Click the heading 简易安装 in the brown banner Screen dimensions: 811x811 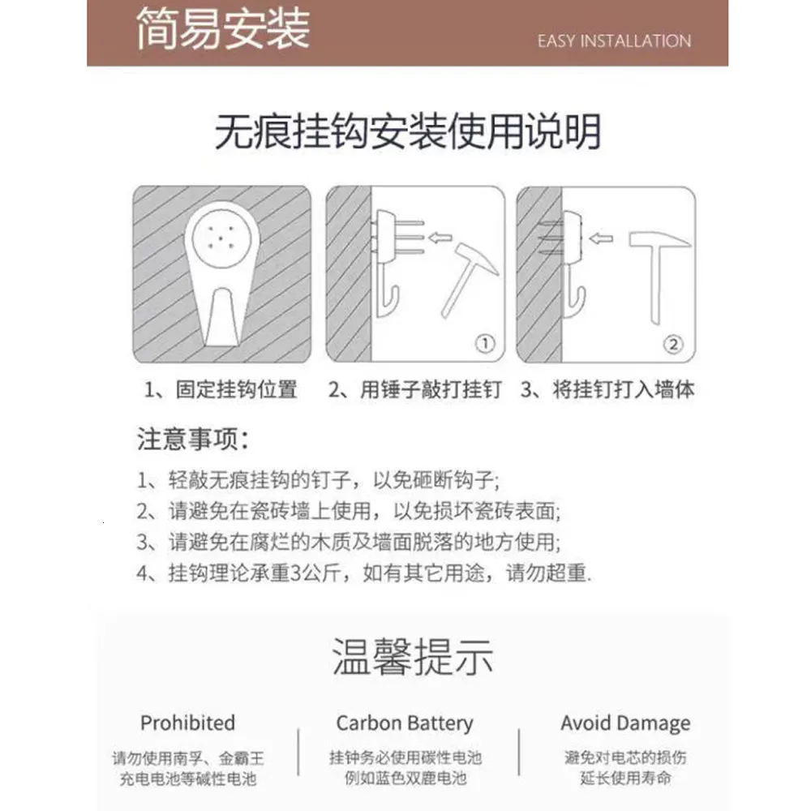(223, 28)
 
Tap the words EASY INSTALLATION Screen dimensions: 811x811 (614, 41)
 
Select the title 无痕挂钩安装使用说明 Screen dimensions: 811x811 (408, 132)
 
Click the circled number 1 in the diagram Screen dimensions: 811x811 (485, 343)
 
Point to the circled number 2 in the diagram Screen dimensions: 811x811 (673, 344)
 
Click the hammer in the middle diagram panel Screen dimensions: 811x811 (468, 279)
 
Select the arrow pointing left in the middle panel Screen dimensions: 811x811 (440, 238)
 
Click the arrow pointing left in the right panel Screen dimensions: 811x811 (601, 238)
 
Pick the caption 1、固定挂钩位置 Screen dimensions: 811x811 (221, 389)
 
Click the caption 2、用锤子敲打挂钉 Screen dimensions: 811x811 (414, 389)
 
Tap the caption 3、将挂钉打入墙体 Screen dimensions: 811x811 (607, 389)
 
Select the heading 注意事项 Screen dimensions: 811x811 (193, 439)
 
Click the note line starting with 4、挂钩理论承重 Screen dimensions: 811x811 (364, 573)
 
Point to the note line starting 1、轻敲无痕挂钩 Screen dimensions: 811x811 (318, 480)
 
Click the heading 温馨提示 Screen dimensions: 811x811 (412, 656)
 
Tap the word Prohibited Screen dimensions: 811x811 (188, 723)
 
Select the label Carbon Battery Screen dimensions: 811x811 (405, 723)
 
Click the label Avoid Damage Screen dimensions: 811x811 (625, 723)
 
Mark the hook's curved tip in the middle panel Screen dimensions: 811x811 (396, 290)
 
